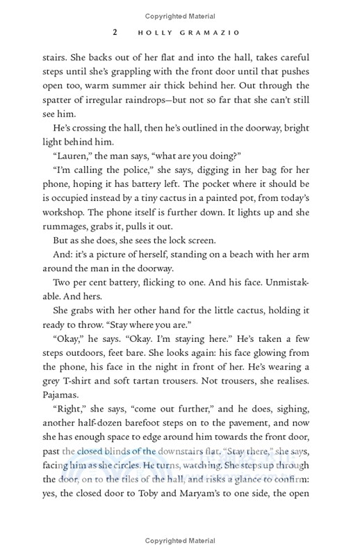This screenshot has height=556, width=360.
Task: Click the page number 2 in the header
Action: point(115,33)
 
